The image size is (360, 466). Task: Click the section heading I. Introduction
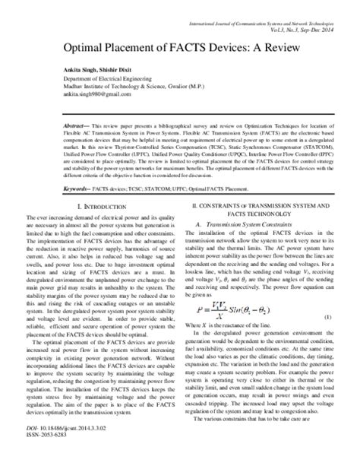point(106,207)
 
